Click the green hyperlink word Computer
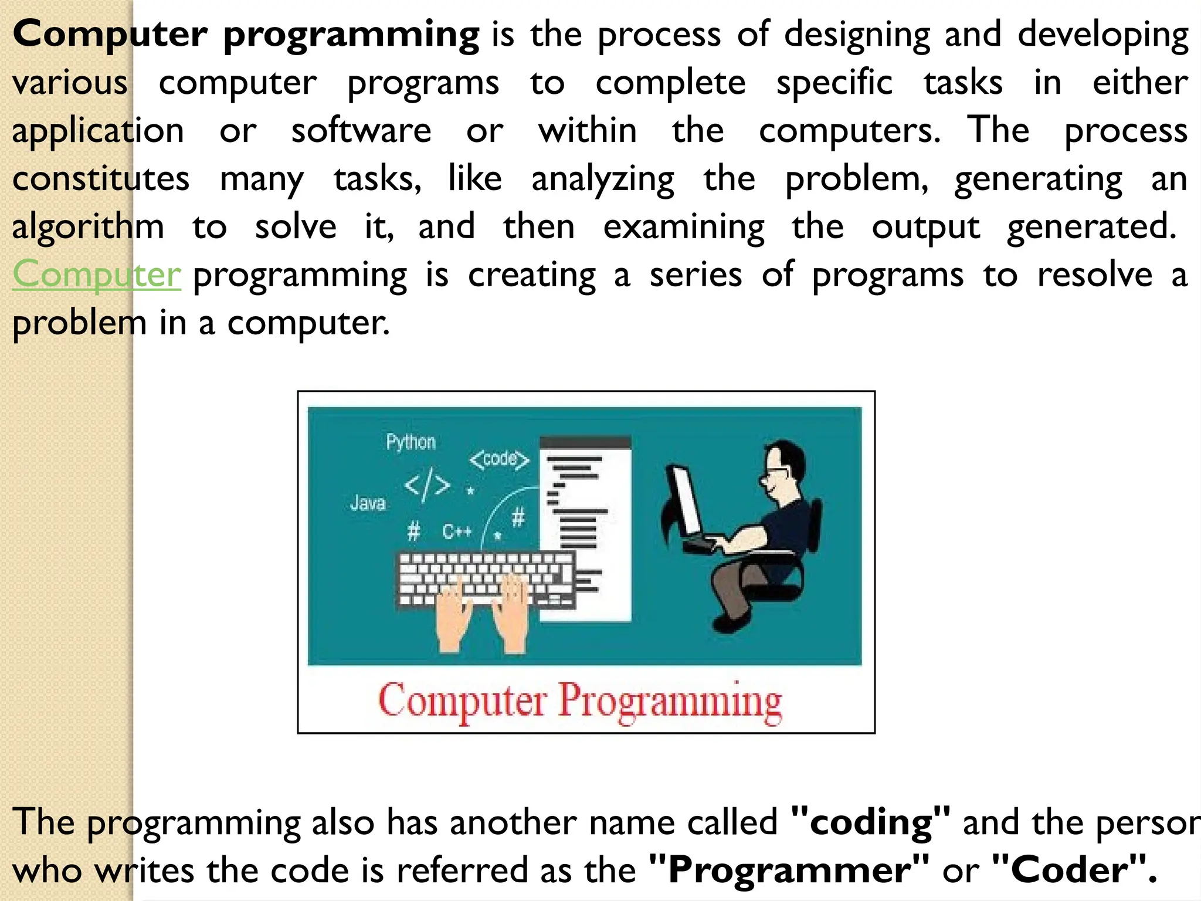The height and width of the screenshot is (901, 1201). pyautogui.click(x=97, y=275)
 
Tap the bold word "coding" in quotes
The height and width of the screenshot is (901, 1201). pyautogui.click(x=870, y=822)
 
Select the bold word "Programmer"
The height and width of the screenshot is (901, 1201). pyautogui.click(x=789, y=870)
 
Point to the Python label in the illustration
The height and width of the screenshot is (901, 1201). pyautogui.click(x=410, y=442)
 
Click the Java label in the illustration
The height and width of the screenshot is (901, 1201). pyautogui.click(x=368, y=503)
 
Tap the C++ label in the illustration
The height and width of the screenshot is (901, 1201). pyautogui.click(x=457, y=532)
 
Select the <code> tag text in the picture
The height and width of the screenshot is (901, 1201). pyautogui.click(x=499, y=459)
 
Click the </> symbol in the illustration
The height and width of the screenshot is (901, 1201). pyautogui.click(x=428, y=485)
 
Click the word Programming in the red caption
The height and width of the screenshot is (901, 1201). pyautogui.click(x=670, y=702)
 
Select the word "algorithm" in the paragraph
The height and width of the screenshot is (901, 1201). pyautogui.click(x=88, y=227)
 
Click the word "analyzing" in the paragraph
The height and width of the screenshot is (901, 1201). pyautogui.click(x=603, y=179)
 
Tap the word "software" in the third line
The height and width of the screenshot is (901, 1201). pyautogui.click(x=361, y=130)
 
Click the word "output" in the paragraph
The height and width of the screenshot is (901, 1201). pyautogui.click(x=925, y=227)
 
